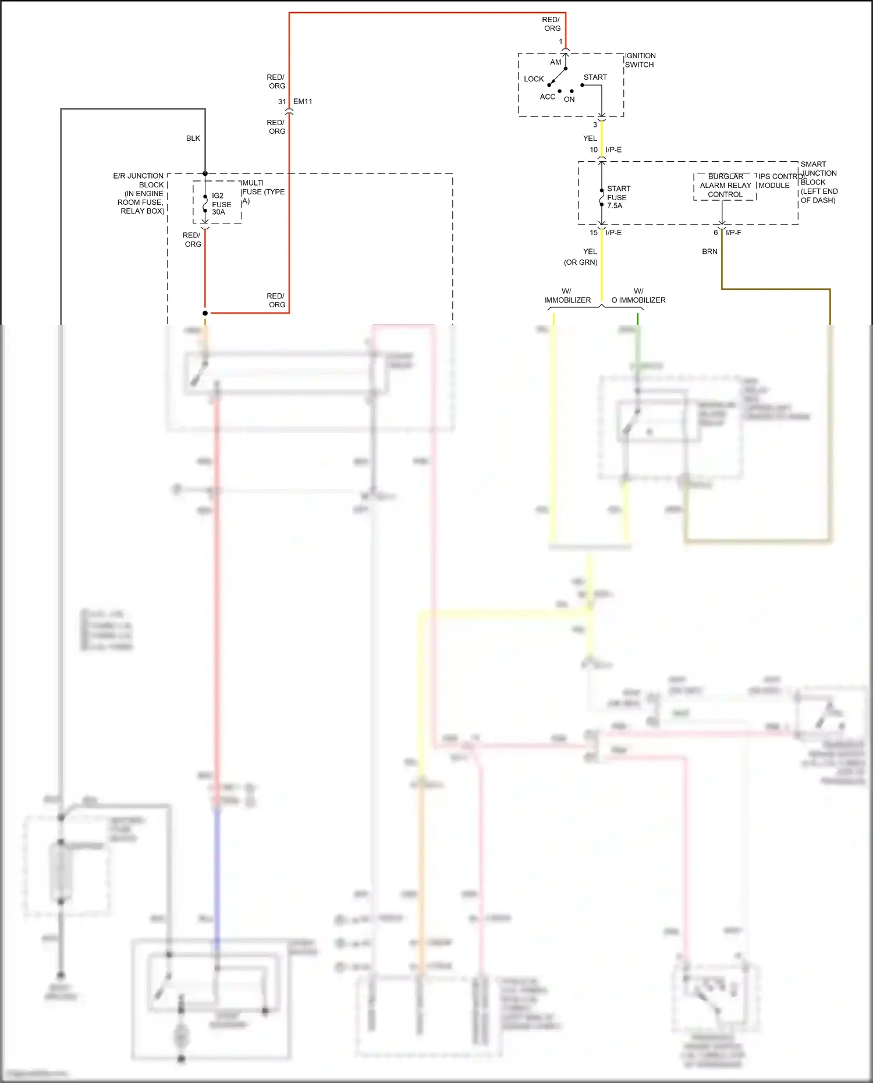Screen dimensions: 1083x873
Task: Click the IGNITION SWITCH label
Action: coord(640,60)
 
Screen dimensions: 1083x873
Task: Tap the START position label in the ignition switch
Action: coord(595,77)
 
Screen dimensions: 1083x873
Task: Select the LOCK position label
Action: coord(533,79)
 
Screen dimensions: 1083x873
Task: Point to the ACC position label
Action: coord(547,97)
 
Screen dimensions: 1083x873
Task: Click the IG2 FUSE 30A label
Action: coord(221,204)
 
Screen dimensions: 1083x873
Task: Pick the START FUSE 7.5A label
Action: coord(618,197)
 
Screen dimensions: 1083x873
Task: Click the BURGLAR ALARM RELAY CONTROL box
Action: coord(725,186)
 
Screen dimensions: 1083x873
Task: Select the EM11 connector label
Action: coord(303,102)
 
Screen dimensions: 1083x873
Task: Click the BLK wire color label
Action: coord(193,139)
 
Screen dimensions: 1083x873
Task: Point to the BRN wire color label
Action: coord(709,252)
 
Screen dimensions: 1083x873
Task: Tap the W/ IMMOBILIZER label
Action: coord(567,296)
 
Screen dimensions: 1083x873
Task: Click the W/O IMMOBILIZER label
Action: coord(638,296)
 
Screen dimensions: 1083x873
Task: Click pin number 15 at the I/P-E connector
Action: coord(593,233)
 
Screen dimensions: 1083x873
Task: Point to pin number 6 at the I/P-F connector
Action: coord(715,233)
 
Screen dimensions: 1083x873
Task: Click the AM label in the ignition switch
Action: coord(555,62)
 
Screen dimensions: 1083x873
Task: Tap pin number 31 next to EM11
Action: coord(282,102)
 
